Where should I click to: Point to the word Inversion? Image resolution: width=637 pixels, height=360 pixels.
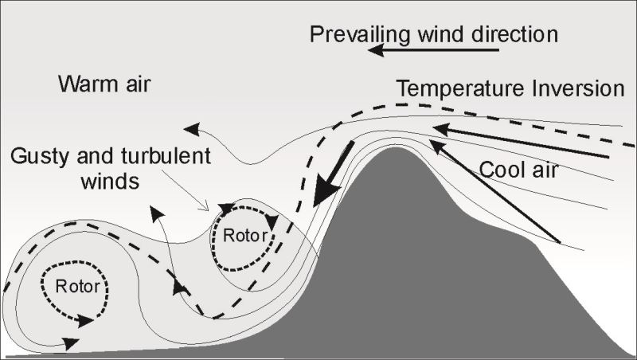click(x=579, y=88)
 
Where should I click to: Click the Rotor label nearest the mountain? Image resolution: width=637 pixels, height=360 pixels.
click(x=242, y=235)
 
